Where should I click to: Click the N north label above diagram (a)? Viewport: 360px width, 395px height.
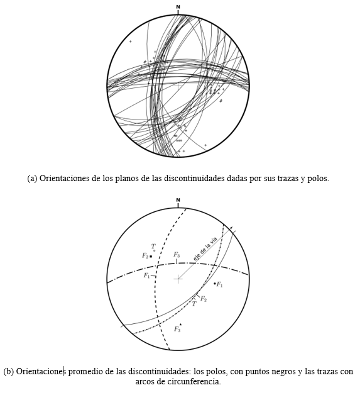click(178, 8)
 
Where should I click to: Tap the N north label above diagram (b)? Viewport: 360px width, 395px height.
click(178, 201)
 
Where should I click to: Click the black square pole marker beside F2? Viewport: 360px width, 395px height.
click(151, 256)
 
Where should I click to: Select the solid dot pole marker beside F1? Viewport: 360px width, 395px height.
click(215, 284)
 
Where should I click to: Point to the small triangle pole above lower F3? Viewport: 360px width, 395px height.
click(180, 325)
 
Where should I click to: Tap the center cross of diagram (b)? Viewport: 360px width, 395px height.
click(178, 278)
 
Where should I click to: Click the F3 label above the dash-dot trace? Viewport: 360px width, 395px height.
click(177, 255)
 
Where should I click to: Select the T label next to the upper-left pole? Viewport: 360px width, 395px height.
click(153, 246)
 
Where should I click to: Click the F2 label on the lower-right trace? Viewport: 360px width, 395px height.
click(204, 298)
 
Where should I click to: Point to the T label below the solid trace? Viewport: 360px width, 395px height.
click(194, 303)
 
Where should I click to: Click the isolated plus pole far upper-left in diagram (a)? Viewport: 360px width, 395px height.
click(130, 42)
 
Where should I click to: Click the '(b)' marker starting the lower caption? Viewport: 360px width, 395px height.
click(8, 371)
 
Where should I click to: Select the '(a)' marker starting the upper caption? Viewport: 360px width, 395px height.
click(33, 179)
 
